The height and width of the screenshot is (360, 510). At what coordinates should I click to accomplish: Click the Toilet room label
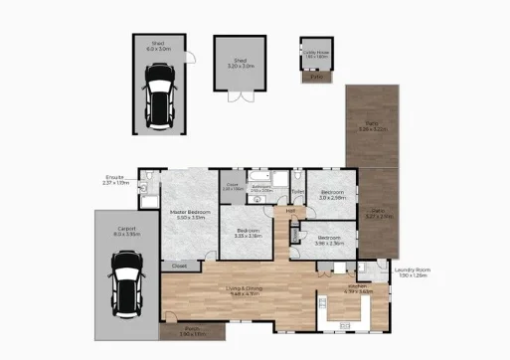297,190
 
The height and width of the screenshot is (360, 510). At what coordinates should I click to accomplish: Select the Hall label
290,210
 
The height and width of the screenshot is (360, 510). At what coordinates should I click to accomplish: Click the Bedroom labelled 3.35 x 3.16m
247,233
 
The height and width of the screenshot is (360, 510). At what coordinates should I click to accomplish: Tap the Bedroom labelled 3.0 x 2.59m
331,194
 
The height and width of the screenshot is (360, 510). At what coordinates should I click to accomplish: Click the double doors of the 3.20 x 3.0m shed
241,97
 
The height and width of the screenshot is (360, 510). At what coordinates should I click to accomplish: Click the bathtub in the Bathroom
261,197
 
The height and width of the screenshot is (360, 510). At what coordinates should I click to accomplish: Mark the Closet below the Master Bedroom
179,266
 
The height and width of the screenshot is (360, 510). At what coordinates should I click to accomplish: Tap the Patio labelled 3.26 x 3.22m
370,126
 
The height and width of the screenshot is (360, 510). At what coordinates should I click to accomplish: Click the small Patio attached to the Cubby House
317,76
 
